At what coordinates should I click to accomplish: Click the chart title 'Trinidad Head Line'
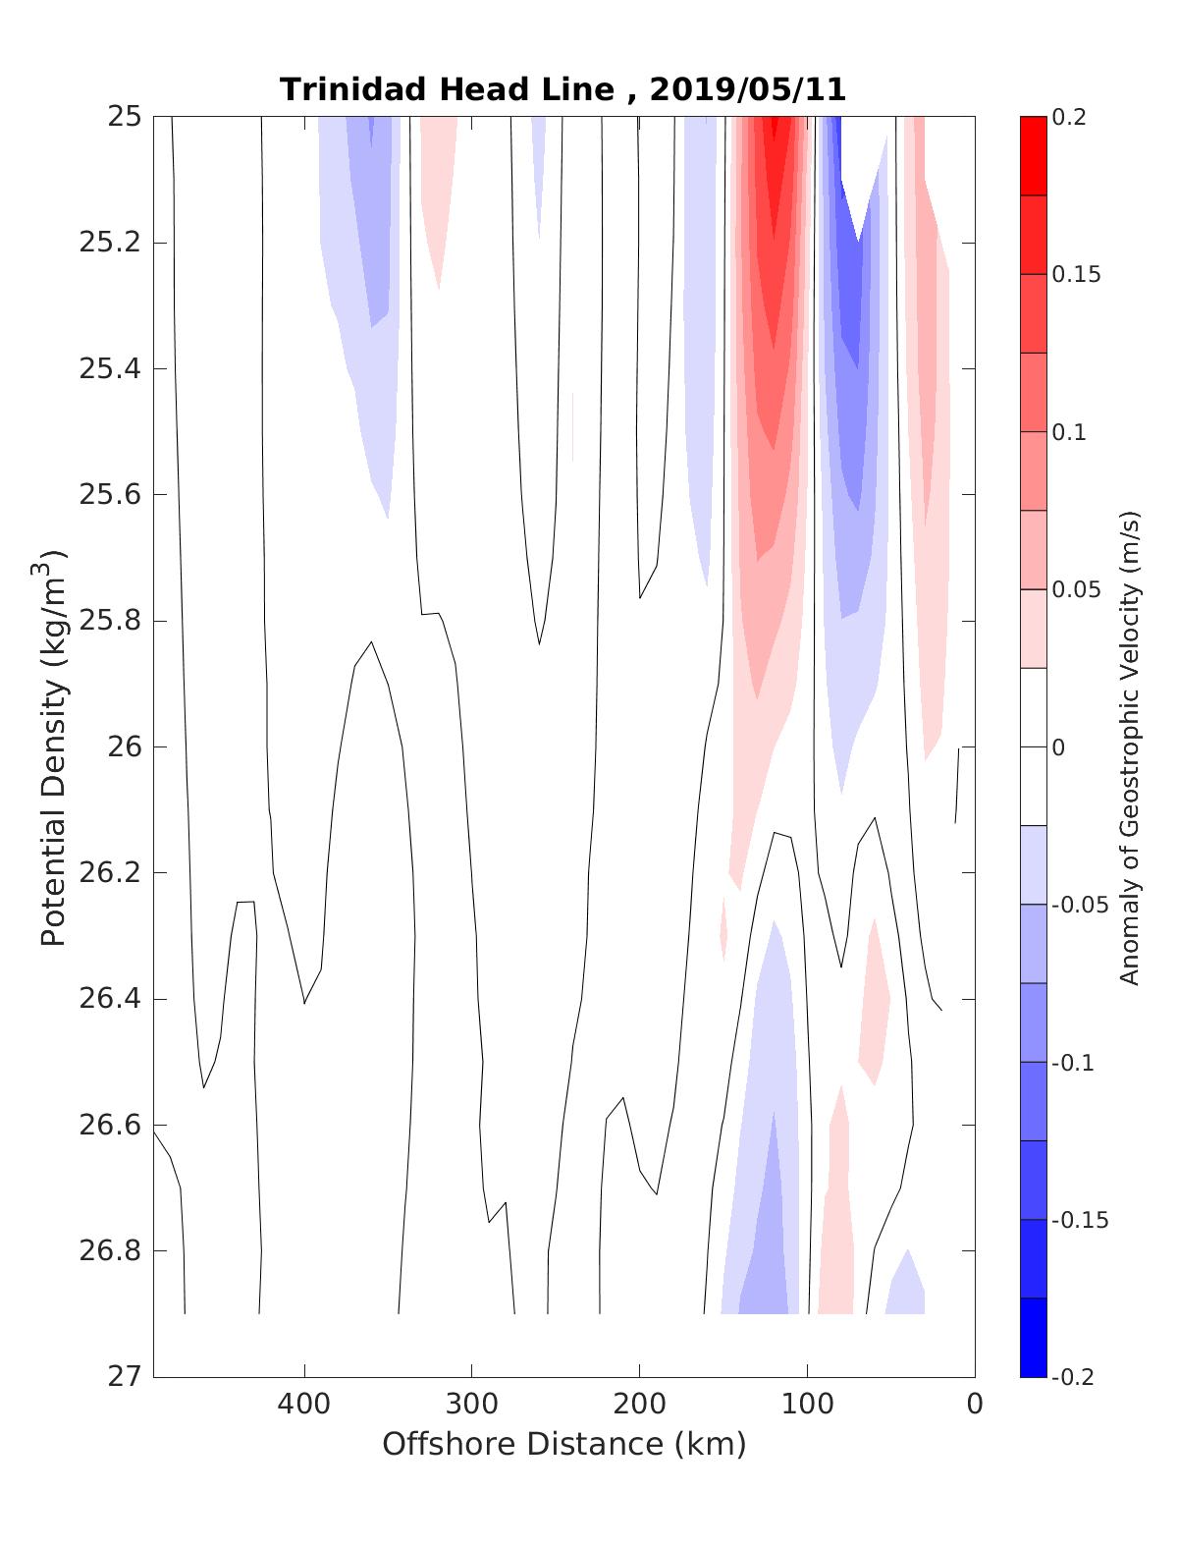pyautogui.click(x=447, y=89)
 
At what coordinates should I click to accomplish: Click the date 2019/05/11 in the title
pyautogui.click(x=747, y=89)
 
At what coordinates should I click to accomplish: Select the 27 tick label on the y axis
pyautogui.click(x=123, y=1377)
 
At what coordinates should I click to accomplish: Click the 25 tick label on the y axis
pyautogui.click(x=123, y=117)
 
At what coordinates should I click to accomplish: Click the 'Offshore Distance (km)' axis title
pyautogui.click(x=563, y=1444)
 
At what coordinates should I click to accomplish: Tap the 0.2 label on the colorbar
pyautogui.click(x=1071, y=117)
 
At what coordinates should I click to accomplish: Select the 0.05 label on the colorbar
pyautogui.click(x=1076, y=589)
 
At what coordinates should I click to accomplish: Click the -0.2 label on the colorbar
pyautogui.click(x=1072, y=1377)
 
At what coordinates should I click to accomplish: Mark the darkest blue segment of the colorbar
pyautogui.click(x=1033, y=1337)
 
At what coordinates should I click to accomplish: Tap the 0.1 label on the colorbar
pyautogui.click(x=1071, y=432)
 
